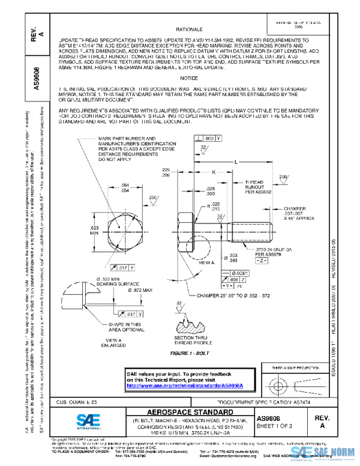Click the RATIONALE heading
point(190,29)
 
